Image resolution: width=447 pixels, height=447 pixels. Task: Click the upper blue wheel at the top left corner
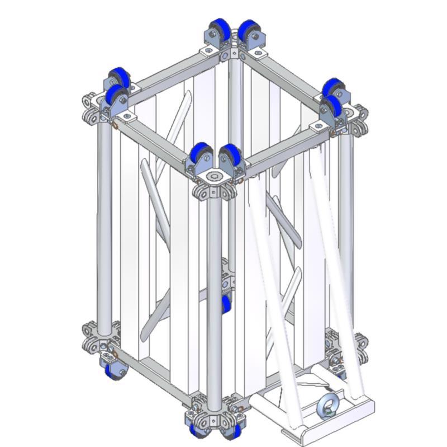coord(119,78)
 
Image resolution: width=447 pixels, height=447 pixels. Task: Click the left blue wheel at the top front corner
coord(200,155)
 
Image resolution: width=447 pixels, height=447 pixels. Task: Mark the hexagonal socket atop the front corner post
coord(214,178)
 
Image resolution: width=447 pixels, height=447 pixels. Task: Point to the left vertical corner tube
coord(104,224)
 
